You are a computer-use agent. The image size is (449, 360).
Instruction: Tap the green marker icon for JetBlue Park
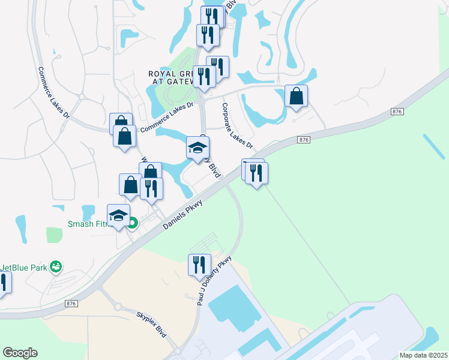pyautogui.click(x=56, y=266)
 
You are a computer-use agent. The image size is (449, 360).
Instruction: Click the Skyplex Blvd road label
pyautogui.click(x=151, y=325)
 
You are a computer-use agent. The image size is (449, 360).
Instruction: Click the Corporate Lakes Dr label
pyautogui.click(x=237, y=126)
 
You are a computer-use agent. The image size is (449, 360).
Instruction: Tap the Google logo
pyautogui.click(x=20, y=353)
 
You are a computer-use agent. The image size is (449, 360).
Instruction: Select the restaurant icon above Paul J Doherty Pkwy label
pyautogui.click(x=199, y=265)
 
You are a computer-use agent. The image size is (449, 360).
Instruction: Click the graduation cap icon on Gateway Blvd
pyautogui.click(x=197, y=148)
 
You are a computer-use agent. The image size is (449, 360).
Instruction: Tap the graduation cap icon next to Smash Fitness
pyautogui.click(x=119, y=215)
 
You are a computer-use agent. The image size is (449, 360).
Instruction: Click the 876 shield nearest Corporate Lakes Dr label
pyautogui.click(x=303, y=140)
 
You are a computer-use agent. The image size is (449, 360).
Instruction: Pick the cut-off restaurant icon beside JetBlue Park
pyautogui.click(x=3, y=283)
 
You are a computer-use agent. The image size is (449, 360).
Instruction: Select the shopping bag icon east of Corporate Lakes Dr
pyautogui.click(x=296, y=96)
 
